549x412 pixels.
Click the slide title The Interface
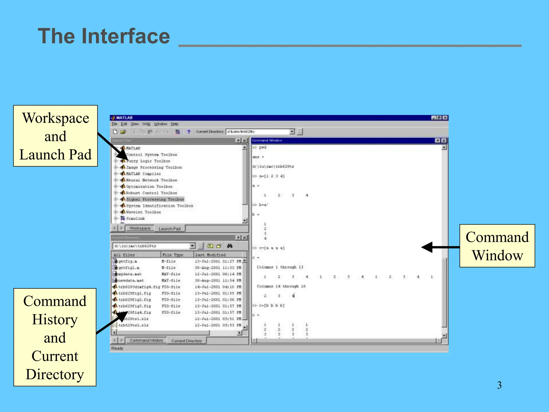click(x=104, y=36)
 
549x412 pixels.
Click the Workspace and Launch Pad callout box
click(x=55, y=136)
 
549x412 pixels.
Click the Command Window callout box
click(x=497, y=246)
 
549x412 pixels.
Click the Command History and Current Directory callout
click(x=55, y=337)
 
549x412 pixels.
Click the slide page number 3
click(x=499, y=385)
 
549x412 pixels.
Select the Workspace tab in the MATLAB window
click(x=140, y=228)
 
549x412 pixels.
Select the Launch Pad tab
click(x=169, y=229)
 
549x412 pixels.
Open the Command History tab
click(x=146, y=340)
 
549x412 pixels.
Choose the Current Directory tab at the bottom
click(x=187, y=341)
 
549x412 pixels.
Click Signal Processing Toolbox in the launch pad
click(x=155, y=199)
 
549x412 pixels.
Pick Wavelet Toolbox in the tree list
click(x=143, y=212)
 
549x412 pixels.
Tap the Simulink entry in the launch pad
click(x=135, y=218)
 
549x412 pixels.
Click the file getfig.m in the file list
click(x=128, y=261)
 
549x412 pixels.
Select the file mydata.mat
click(x=130, y=274)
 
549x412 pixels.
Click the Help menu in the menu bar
click(x=175, y=124)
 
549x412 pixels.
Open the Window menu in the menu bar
click(x=160, y=124)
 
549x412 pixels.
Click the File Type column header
click(x=173, y=255)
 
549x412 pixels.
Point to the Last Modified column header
click(x=210, y=255)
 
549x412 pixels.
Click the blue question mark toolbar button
click(x=189, y=132)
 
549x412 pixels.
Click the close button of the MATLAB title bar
click(x=445, y=118)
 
